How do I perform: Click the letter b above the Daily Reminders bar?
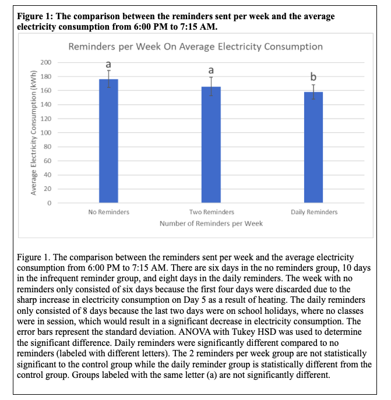(313, 77)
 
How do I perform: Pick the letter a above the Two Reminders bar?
(211, 70)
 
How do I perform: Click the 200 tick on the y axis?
(46, 62)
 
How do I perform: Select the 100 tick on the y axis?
(46, 133)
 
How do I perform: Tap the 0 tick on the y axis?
(50, 203)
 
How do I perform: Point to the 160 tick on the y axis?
(46, 91)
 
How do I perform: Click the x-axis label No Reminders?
(108, 212)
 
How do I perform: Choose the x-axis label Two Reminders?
(211, 212)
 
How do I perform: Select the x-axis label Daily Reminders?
(313, 212)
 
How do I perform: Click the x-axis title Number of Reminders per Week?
(211, 223)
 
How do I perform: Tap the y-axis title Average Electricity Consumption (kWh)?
(33, 133)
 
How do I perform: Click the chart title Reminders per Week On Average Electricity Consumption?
(196, 46)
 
